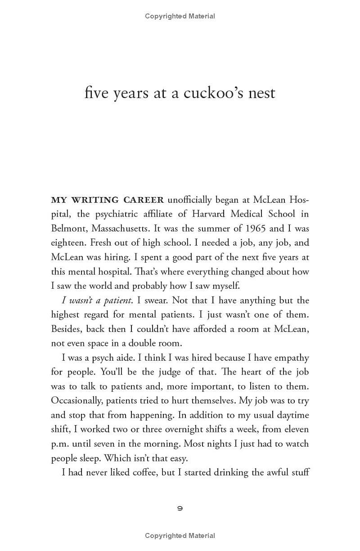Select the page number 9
180,508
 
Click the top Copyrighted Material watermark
180,16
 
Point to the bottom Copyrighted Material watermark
180,536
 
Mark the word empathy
290,358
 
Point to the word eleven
296,429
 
